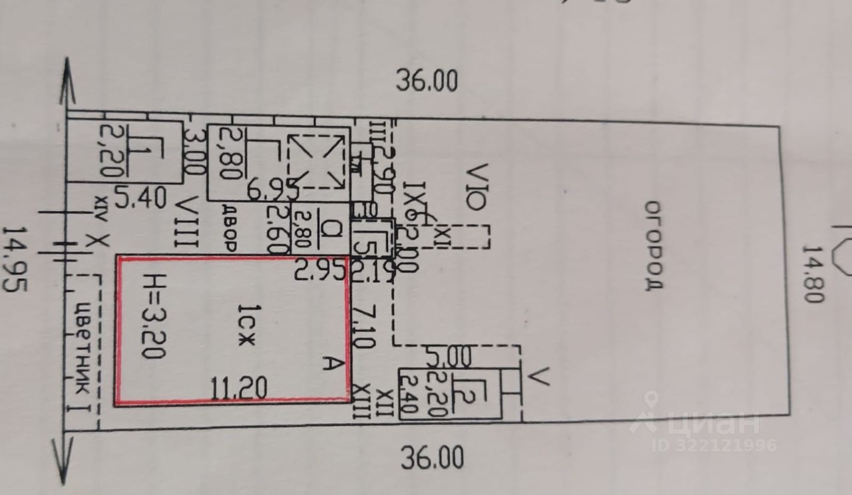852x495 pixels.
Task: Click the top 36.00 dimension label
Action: (x=427, y=81)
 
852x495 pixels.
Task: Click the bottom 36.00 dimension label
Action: (x=432, y=458)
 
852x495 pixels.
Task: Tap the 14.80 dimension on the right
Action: (x=812, y=273)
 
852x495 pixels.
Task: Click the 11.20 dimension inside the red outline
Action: (x=239, y=387)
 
